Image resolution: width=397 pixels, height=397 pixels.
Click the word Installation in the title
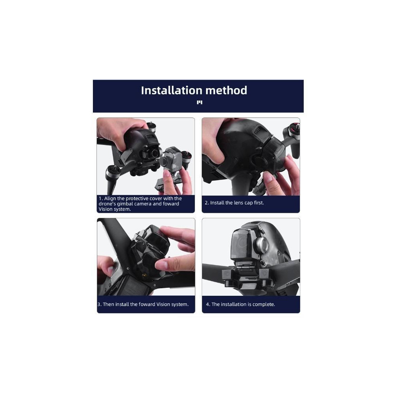pyautogui.click(x=171, y=91)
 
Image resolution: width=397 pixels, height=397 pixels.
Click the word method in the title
pyautogui.click(x=226, y=91)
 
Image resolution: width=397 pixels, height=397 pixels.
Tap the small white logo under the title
pyautogui.click(x=200, y=102)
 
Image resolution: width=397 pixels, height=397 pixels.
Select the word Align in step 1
pyautogui.click(x=110, y=198)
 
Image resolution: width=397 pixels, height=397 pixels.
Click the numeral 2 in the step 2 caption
pyautogui.click(x=206, y=203)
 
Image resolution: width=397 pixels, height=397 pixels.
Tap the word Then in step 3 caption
pyautogui.click(x=108, y=304)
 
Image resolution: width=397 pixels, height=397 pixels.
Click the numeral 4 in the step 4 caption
pyautogui.click(x=208, y=304)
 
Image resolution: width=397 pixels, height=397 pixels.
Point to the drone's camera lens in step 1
pyautogui.click(x=154, y=153)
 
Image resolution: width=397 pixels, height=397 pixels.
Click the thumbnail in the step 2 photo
pyautogui.click(x=268, y=176)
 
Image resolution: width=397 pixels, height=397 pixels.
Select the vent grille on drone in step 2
pyautogui.click(x=256, y=131)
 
